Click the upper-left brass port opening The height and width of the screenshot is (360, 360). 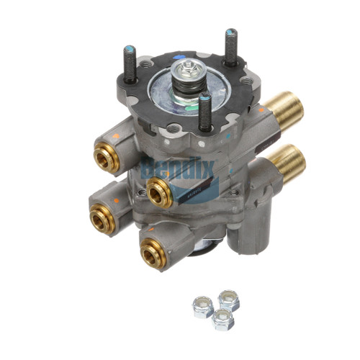(x=106, y=159)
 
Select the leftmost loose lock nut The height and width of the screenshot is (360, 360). (x=202, y=307)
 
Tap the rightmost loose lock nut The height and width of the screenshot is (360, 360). (x=229, y=298)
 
